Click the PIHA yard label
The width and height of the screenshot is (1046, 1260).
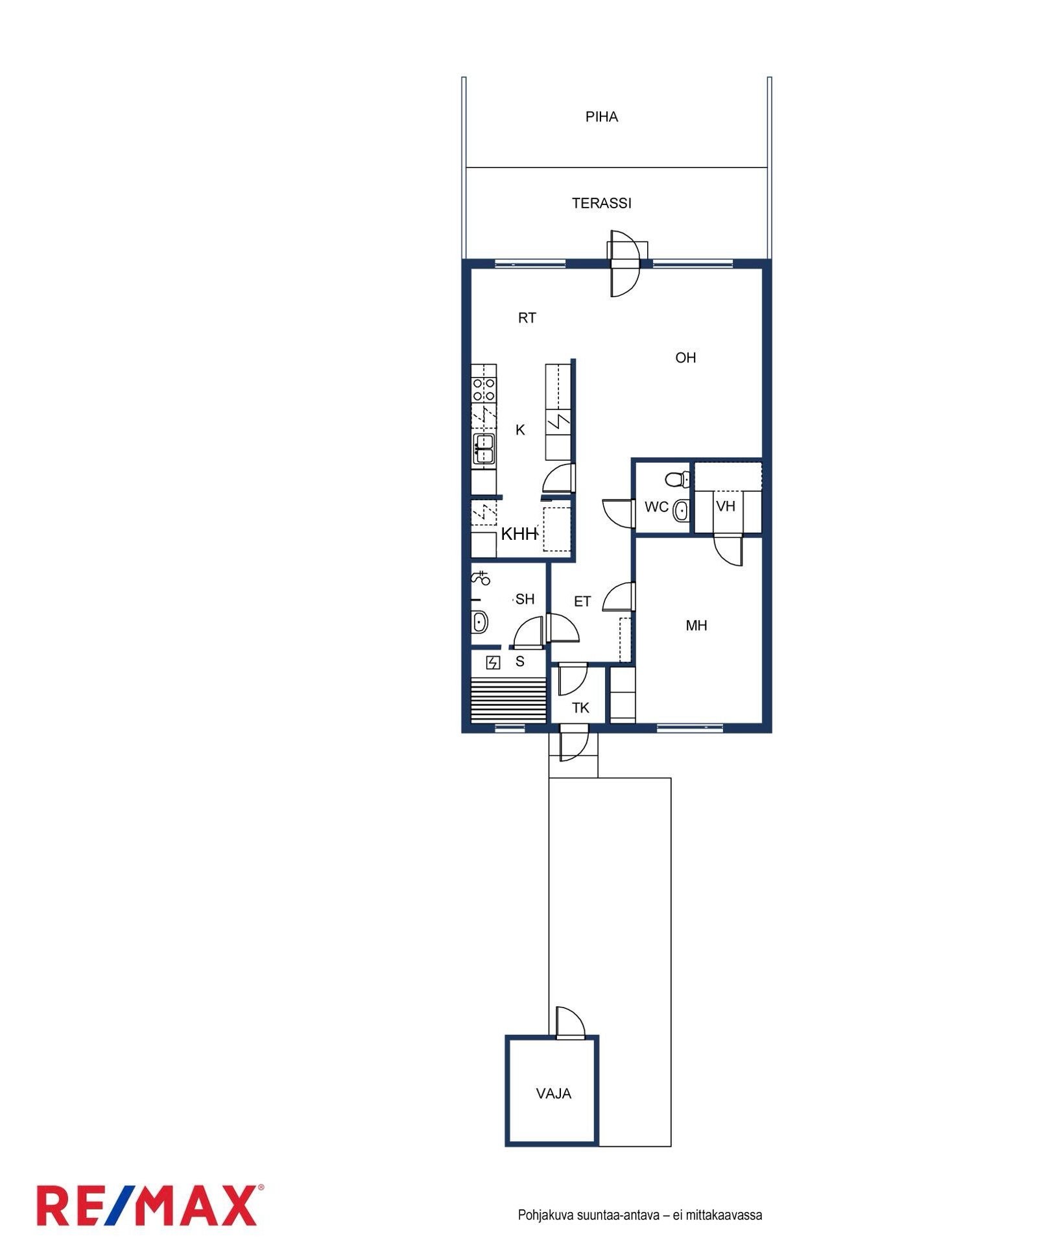tap(601, 117)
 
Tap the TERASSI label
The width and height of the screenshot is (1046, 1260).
tap(601, 203)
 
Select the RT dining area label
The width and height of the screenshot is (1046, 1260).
tap(527, 318)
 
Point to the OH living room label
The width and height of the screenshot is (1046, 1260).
tap(685, 357)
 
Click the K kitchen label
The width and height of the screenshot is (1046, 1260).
tap(520, 430)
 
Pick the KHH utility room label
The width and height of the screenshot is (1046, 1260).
tap(519, 534)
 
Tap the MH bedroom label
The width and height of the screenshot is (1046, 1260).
tap(696, 625)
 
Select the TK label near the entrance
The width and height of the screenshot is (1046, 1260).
tap(580, 708)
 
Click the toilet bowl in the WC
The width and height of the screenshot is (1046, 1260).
tap(677, 479)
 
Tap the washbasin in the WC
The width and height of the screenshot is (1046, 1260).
tap(681, 511)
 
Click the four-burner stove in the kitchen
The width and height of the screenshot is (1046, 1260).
tap(484, 389)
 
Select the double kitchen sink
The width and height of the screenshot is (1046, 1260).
tap(484, 448)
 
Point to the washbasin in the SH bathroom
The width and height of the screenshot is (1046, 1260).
tap(479, 622)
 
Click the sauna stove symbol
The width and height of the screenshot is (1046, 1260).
tap(493, 662)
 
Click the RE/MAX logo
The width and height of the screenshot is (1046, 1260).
tap(150, 1205)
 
